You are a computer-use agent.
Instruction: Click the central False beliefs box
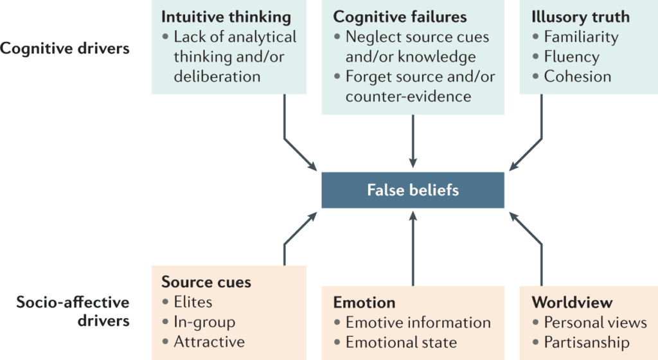(x=413, y=190)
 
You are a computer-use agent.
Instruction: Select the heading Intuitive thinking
(x=226, y=16)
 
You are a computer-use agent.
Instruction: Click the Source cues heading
(x=206, y=282)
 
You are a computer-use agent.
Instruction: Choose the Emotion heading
(x=364, y=302)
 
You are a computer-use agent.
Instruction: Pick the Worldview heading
(x=572, y=302)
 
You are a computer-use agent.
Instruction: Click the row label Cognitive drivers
(x=65, y=48)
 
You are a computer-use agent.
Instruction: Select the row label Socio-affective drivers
(x=65, y=311)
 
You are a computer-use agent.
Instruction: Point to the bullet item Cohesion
(x=577, y=76)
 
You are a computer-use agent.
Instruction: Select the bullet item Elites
(x=193, y=301)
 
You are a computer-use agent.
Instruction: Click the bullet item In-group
(x=204, y=321)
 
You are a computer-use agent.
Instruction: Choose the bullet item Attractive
(x=209, y=341)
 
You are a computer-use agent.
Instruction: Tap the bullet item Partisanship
(x=586, y=342)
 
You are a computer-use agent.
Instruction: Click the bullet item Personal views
(x=595, y=322)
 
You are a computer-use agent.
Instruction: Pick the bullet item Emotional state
(x=401, y=342)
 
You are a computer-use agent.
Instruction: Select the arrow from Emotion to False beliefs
(x=413, y=251)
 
